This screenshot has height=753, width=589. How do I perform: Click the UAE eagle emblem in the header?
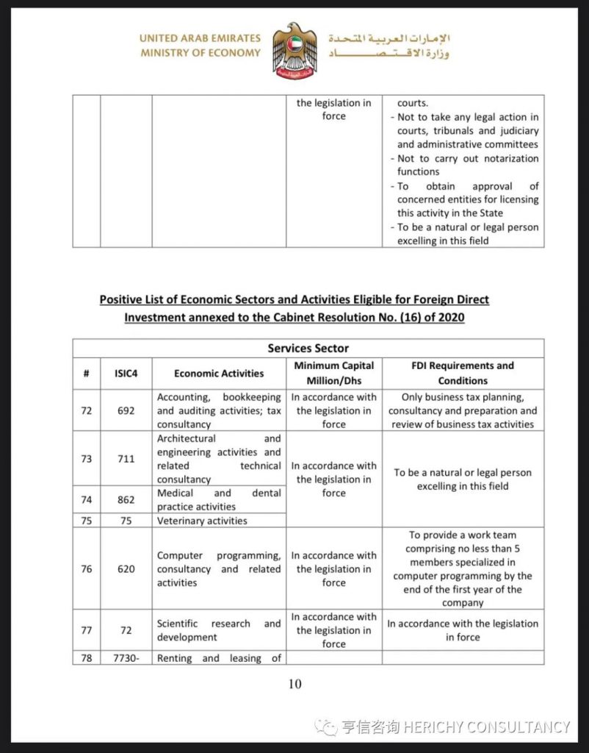pos(294,50)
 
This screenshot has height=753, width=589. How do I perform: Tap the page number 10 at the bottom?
pos(294,684)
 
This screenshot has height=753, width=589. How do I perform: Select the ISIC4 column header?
pos(126,373)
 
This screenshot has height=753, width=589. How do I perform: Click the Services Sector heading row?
pos(308,348)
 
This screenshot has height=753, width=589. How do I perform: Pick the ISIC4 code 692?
pos(126,410)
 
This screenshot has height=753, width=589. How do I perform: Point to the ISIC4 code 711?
pos(126,459)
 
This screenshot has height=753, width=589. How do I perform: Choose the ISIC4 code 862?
pos(126,499)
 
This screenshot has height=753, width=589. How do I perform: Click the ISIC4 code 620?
pos(126,568)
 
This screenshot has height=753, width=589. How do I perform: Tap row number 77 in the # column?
pos(87,630)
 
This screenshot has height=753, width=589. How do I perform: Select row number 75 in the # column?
pos(87,521)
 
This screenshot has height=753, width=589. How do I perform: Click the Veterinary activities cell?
pos(202,521)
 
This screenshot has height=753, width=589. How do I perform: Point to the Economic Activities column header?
pos(219,373)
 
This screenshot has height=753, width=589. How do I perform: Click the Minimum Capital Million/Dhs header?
pos(333,373)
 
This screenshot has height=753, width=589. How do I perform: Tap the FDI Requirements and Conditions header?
pos(463,373)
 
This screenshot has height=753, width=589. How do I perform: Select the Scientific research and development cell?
pos(219,630)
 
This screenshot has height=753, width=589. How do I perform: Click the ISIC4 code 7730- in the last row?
pos(126,658)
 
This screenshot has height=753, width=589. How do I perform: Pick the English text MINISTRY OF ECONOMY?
pos(200,53)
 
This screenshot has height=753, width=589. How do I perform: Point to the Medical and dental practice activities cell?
pos(219,499)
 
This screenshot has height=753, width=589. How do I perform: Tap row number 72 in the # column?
pos(87,410)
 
